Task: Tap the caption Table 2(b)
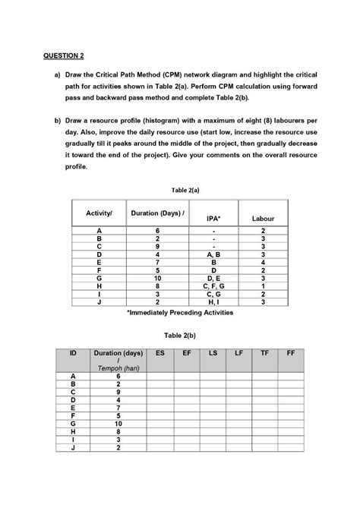click(x=179, y=334)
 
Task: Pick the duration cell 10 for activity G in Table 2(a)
click(x=157, y=279)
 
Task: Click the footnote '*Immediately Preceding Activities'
click(x=180, y=312)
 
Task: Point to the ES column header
click(x=159, y=353)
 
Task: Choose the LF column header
click(x=238, y=353)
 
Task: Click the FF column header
click(x=291, y=353)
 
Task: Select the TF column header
click(x=264, y=353)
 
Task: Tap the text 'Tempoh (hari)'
click(x=118, y=368)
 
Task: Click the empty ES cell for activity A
click(x=159, y=377)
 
